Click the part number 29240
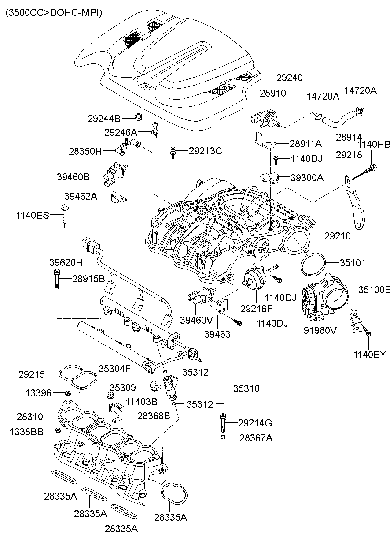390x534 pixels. click(x=289, y=77)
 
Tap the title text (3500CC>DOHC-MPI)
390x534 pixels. click(x=54, y=13)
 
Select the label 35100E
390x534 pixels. click(x=374, y=290)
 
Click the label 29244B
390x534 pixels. click(x=104, y=118)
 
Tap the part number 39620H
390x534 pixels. click(x=66, y=262)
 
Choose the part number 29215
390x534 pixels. click(x=31, y=374)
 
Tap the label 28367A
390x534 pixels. click(x=256, y=438)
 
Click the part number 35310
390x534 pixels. click(x=246, y=388)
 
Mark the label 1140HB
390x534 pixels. click(x=373, y=144)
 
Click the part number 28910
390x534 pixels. click(x=272, y=93)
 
